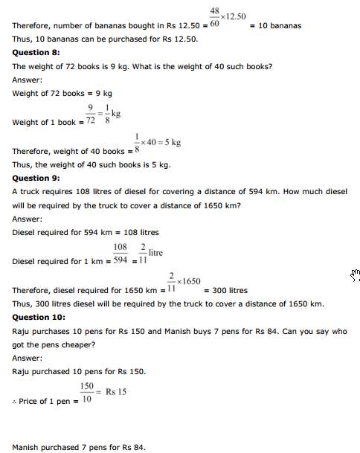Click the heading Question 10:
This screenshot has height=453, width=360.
click(x=39, y=318)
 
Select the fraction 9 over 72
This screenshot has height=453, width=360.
click(x=90, y=115)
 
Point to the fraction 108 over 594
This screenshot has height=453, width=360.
click(x=120, y=254)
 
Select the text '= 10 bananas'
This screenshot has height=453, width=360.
click(x=274, y=26)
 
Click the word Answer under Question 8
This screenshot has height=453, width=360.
click(x=27, y=80)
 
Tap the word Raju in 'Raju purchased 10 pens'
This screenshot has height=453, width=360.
click(x=22, y=371)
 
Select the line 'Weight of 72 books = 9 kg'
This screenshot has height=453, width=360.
click(x=62, y=94)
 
